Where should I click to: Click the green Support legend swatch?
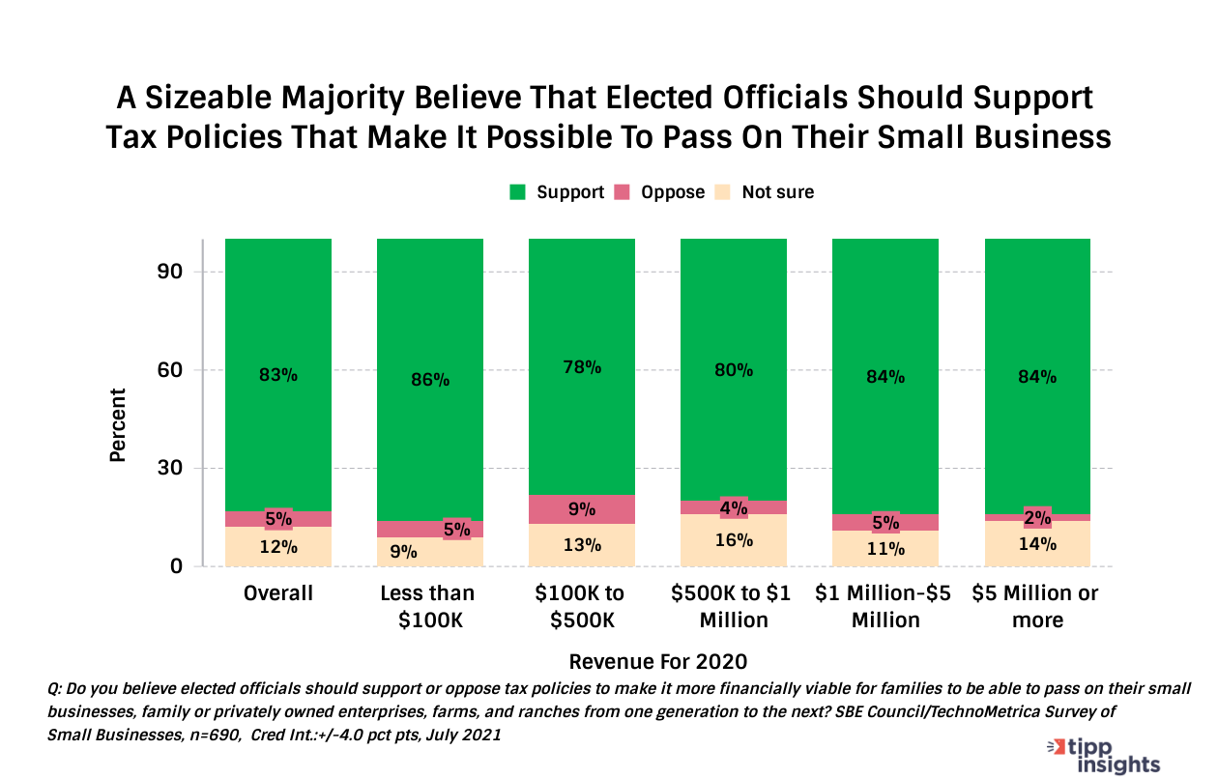point(518,192)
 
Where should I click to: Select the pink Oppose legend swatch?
point(623,192)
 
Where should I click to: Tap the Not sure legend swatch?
point(722,192)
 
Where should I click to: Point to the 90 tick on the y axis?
point(171,272)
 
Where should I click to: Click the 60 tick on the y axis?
point(171,370)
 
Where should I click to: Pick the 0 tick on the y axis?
point(178,566)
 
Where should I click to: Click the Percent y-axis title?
point(118,425)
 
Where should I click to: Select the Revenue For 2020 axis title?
point(658,662)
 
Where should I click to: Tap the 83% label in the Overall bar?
point(278,375)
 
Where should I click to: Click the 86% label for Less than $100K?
point(430,380)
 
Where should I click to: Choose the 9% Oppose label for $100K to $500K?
point(582,508)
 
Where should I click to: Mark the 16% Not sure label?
point(734,539)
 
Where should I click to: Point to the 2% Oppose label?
point(1037,517)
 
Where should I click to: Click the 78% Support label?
point(582,367)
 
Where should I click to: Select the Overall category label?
point(278,593)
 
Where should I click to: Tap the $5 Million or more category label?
point(1037,606)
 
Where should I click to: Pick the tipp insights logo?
point(1105,755)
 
